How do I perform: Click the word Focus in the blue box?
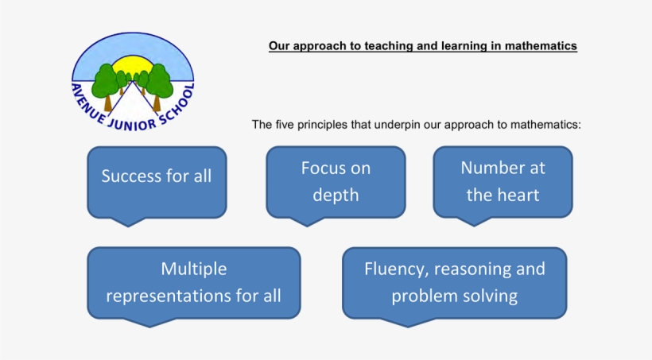point(319,168)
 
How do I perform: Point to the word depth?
point(336,195)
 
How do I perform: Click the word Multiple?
point(194,269)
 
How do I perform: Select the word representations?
point(169,296)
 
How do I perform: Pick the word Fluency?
point(396,269)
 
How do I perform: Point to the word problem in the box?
point(419,296)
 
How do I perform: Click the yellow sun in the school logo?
point(133,65)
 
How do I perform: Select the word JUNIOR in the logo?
point(131,124)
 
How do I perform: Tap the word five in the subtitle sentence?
point(285,125)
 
